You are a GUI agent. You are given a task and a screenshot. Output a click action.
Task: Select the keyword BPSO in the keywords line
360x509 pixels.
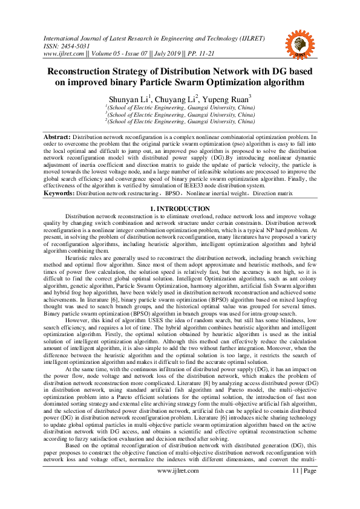173,193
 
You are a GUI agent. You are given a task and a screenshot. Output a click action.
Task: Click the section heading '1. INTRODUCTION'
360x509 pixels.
180,209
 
